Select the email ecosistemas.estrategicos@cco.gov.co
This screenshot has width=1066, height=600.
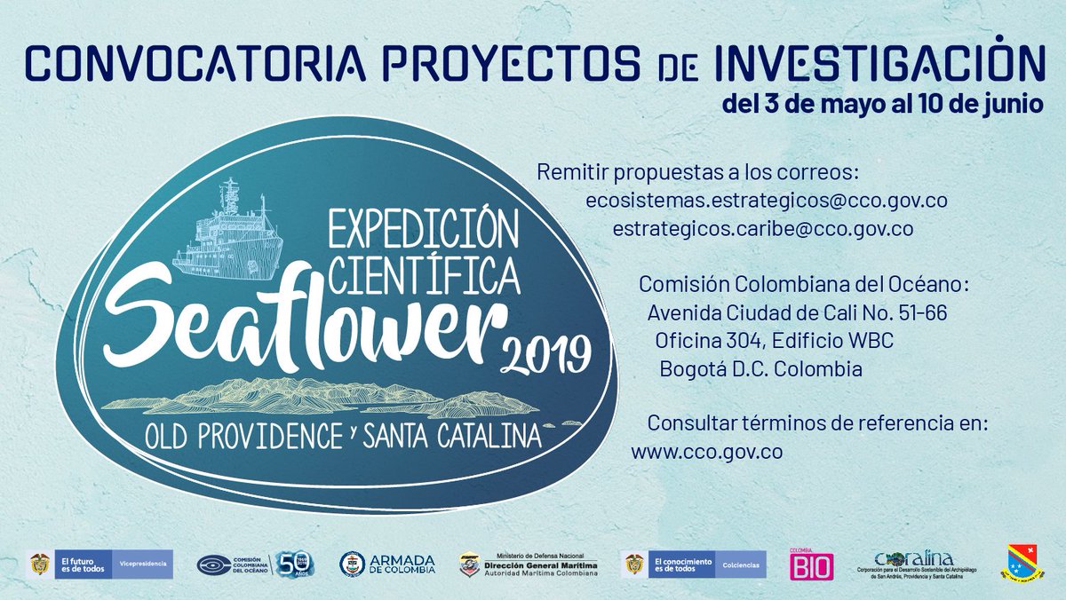click(766, 201)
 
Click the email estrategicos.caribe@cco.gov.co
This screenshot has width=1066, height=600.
click(763, 229)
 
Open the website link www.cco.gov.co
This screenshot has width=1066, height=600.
click(706, 451)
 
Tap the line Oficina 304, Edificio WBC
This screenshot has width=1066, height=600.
click(774, 341)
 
